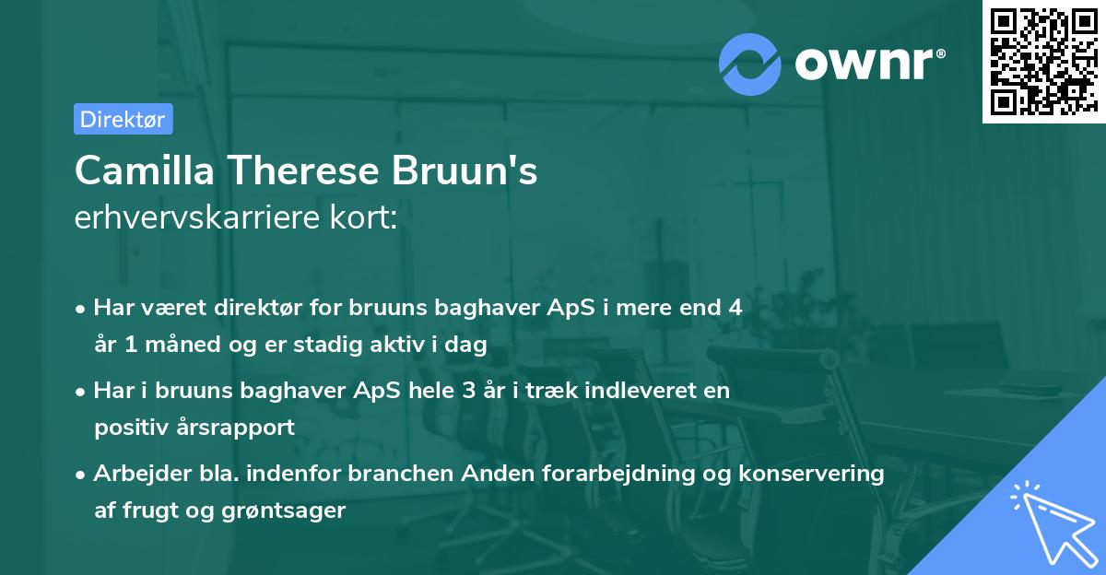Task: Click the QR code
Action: pos(1043,62)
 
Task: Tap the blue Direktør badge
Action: pos(123,119)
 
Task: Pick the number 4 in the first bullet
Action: pos(735,308)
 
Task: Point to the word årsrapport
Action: pos(240,428)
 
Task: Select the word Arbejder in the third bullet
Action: pos(134,474)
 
